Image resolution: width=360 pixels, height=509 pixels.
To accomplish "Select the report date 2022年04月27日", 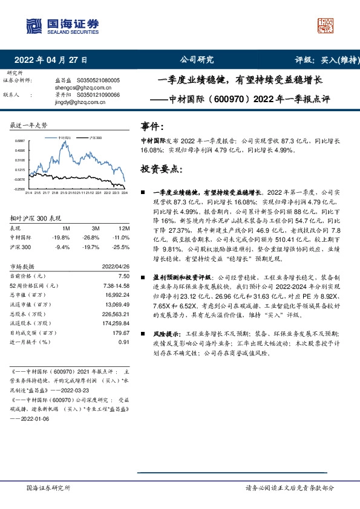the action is [51, 60].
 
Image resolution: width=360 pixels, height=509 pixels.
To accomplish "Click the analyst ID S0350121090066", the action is [97, 95].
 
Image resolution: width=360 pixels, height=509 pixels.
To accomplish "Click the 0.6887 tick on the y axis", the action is [20, 141].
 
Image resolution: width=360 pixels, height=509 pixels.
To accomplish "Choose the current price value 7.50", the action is [125, 275].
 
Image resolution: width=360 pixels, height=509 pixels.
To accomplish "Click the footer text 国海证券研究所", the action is [49, 487].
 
